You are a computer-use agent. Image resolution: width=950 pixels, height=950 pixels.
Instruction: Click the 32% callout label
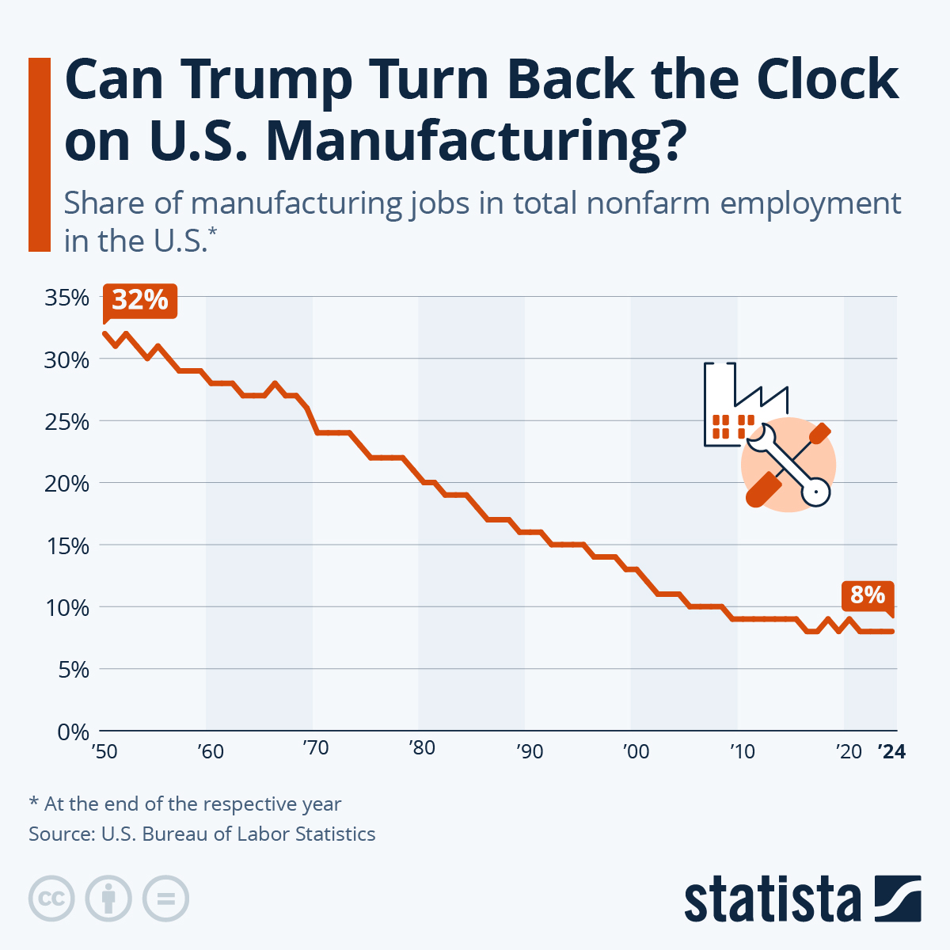[140, 301]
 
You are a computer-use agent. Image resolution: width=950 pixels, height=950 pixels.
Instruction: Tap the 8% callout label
[868, 595]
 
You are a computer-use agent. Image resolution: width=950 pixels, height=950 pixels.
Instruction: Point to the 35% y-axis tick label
[66, 298]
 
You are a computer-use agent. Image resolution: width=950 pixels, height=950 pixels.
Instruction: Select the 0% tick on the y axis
[73, 731]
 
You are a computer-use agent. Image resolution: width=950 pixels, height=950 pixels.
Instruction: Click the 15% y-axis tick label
[66, 545]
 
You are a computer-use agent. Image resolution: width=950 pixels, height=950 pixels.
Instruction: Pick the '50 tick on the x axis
[104, 750]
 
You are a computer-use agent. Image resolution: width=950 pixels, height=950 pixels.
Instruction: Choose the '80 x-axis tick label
[422, 748]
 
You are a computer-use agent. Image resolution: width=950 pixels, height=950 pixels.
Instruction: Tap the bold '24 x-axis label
[892, 751]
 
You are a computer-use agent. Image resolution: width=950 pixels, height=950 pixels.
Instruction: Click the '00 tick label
[636, 750]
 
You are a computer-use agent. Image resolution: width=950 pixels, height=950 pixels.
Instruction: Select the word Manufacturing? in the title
[472, 141]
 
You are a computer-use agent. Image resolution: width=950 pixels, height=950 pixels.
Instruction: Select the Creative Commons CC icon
[51, 899]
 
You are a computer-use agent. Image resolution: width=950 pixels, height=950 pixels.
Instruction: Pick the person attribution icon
[108, 899]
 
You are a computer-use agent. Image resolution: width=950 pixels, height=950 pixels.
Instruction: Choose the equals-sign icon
[166, 899]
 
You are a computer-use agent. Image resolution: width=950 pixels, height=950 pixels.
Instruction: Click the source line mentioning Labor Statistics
[202, 834]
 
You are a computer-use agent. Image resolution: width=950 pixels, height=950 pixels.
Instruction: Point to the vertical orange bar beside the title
[40, 154]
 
